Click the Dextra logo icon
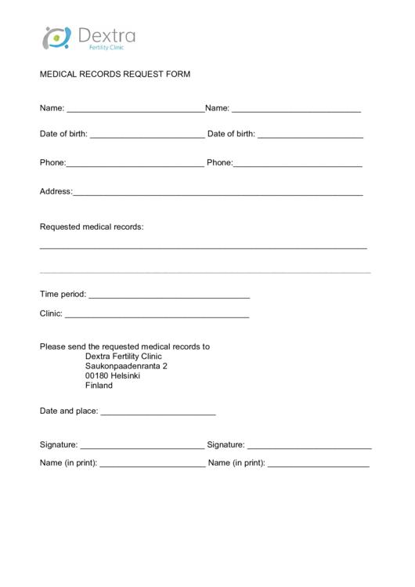[56, 37]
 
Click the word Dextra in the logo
[106, 35]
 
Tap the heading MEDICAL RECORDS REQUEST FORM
[115, 74]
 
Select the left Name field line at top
[135, 110]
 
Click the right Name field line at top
[296, 110]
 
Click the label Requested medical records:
[92, 227]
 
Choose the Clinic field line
[157, 316]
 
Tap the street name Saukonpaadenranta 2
[126, 366]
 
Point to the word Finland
[99, 386]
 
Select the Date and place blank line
[158, 413]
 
